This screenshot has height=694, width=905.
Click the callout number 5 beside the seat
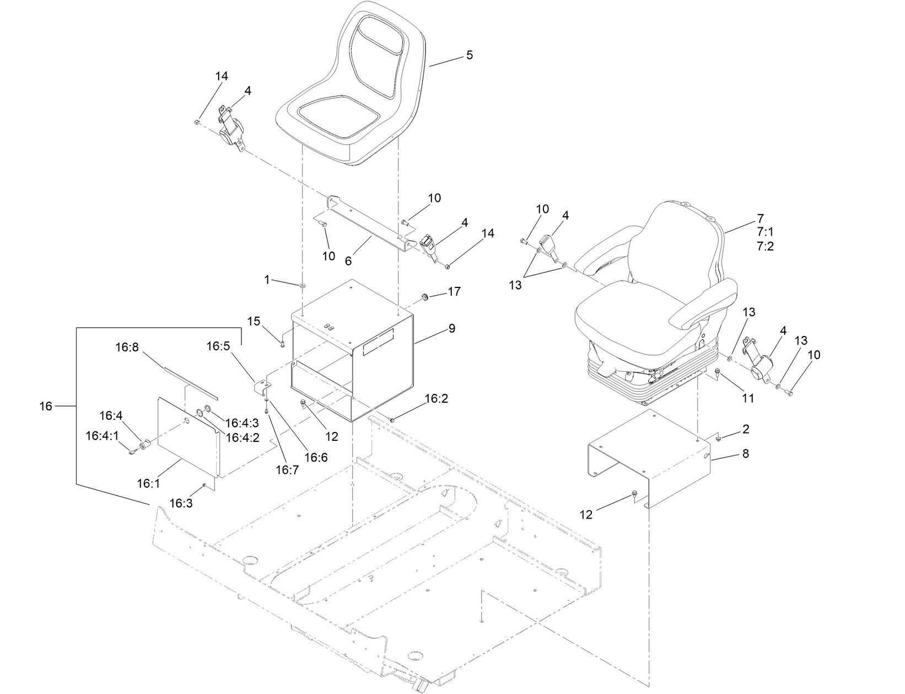(469, 55)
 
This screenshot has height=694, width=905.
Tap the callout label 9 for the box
(451, 329)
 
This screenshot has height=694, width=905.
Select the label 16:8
(127, 348)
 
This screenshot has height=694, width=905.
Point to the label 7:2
(765, 247)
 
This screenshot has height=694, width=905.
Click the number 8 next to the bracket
(745, 454)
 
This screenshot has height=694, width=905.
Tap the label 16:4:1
(102, 436)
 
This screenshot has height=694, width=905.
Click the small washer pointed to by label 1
(303, 286)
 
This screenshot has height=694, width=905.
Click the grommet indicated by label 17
(426, 298)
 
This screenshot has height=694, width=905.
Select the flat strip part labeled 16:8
(190, 381)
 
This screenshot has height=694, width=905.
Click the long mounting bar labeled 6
(369, 223)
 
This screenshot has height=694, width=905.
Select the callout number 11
(747, 398)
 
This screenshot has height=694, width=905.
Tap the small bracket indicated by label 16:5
(261, 386)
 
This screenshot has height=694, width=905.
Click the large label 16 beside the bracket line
(46, 406)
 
